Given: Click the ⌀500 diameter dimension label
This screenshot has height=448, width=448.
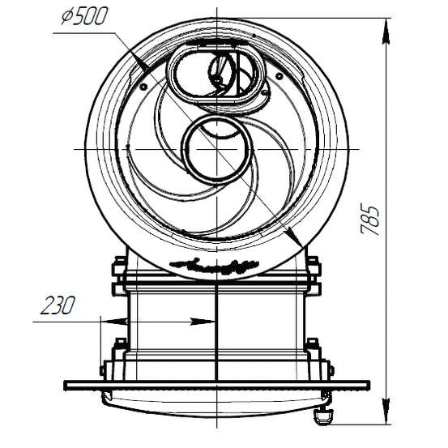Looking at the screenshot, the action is point(84,16).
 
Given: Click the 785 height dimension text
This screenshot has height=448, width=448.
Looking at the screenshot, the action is point(370,219).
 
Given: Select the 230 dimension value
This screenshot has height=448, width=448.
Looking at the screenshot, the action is point(58,305).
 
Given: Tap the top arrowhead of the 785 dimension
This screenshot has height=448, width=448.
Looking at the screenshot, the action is point(386,31).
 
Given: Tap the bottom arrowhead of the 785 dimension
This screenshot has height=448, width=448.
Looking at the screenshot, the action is point(386,412).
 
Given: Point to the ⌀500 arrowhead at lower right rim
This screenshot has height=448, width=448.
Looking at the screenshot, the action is point(295,237).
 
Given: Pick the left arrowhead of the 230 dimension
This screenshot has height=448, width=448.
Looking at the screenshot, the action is point(114,322).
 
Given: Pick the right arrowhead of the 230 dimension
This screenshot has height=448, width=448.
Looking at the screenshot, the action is point(203,322).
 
